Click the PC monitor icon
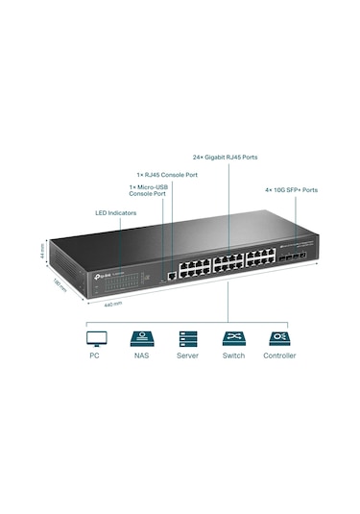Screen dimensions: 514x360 (94, 338)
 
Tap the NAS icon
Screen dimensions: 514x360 (139, 338)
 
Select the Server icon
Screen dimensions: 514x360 (186, 338)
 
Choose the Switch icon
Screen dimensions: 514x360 (233, 338)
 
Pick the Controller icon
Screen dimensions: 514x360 (279, 338)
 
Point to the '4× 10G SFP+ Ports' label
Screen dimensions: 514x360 (292, 189)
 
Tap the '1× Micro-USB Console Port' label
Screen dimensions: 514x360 (148, 190)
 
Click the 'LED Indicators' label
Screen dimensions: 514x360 (114, 212)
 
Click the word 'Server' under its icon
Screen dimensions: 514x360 (186, 356)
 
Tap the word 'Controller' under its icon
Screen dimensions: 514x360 (279, 356)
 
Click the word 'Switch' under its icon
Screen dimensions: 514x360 (233, 356)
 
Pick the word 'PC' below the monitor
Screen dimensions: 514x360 (94, 356)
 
